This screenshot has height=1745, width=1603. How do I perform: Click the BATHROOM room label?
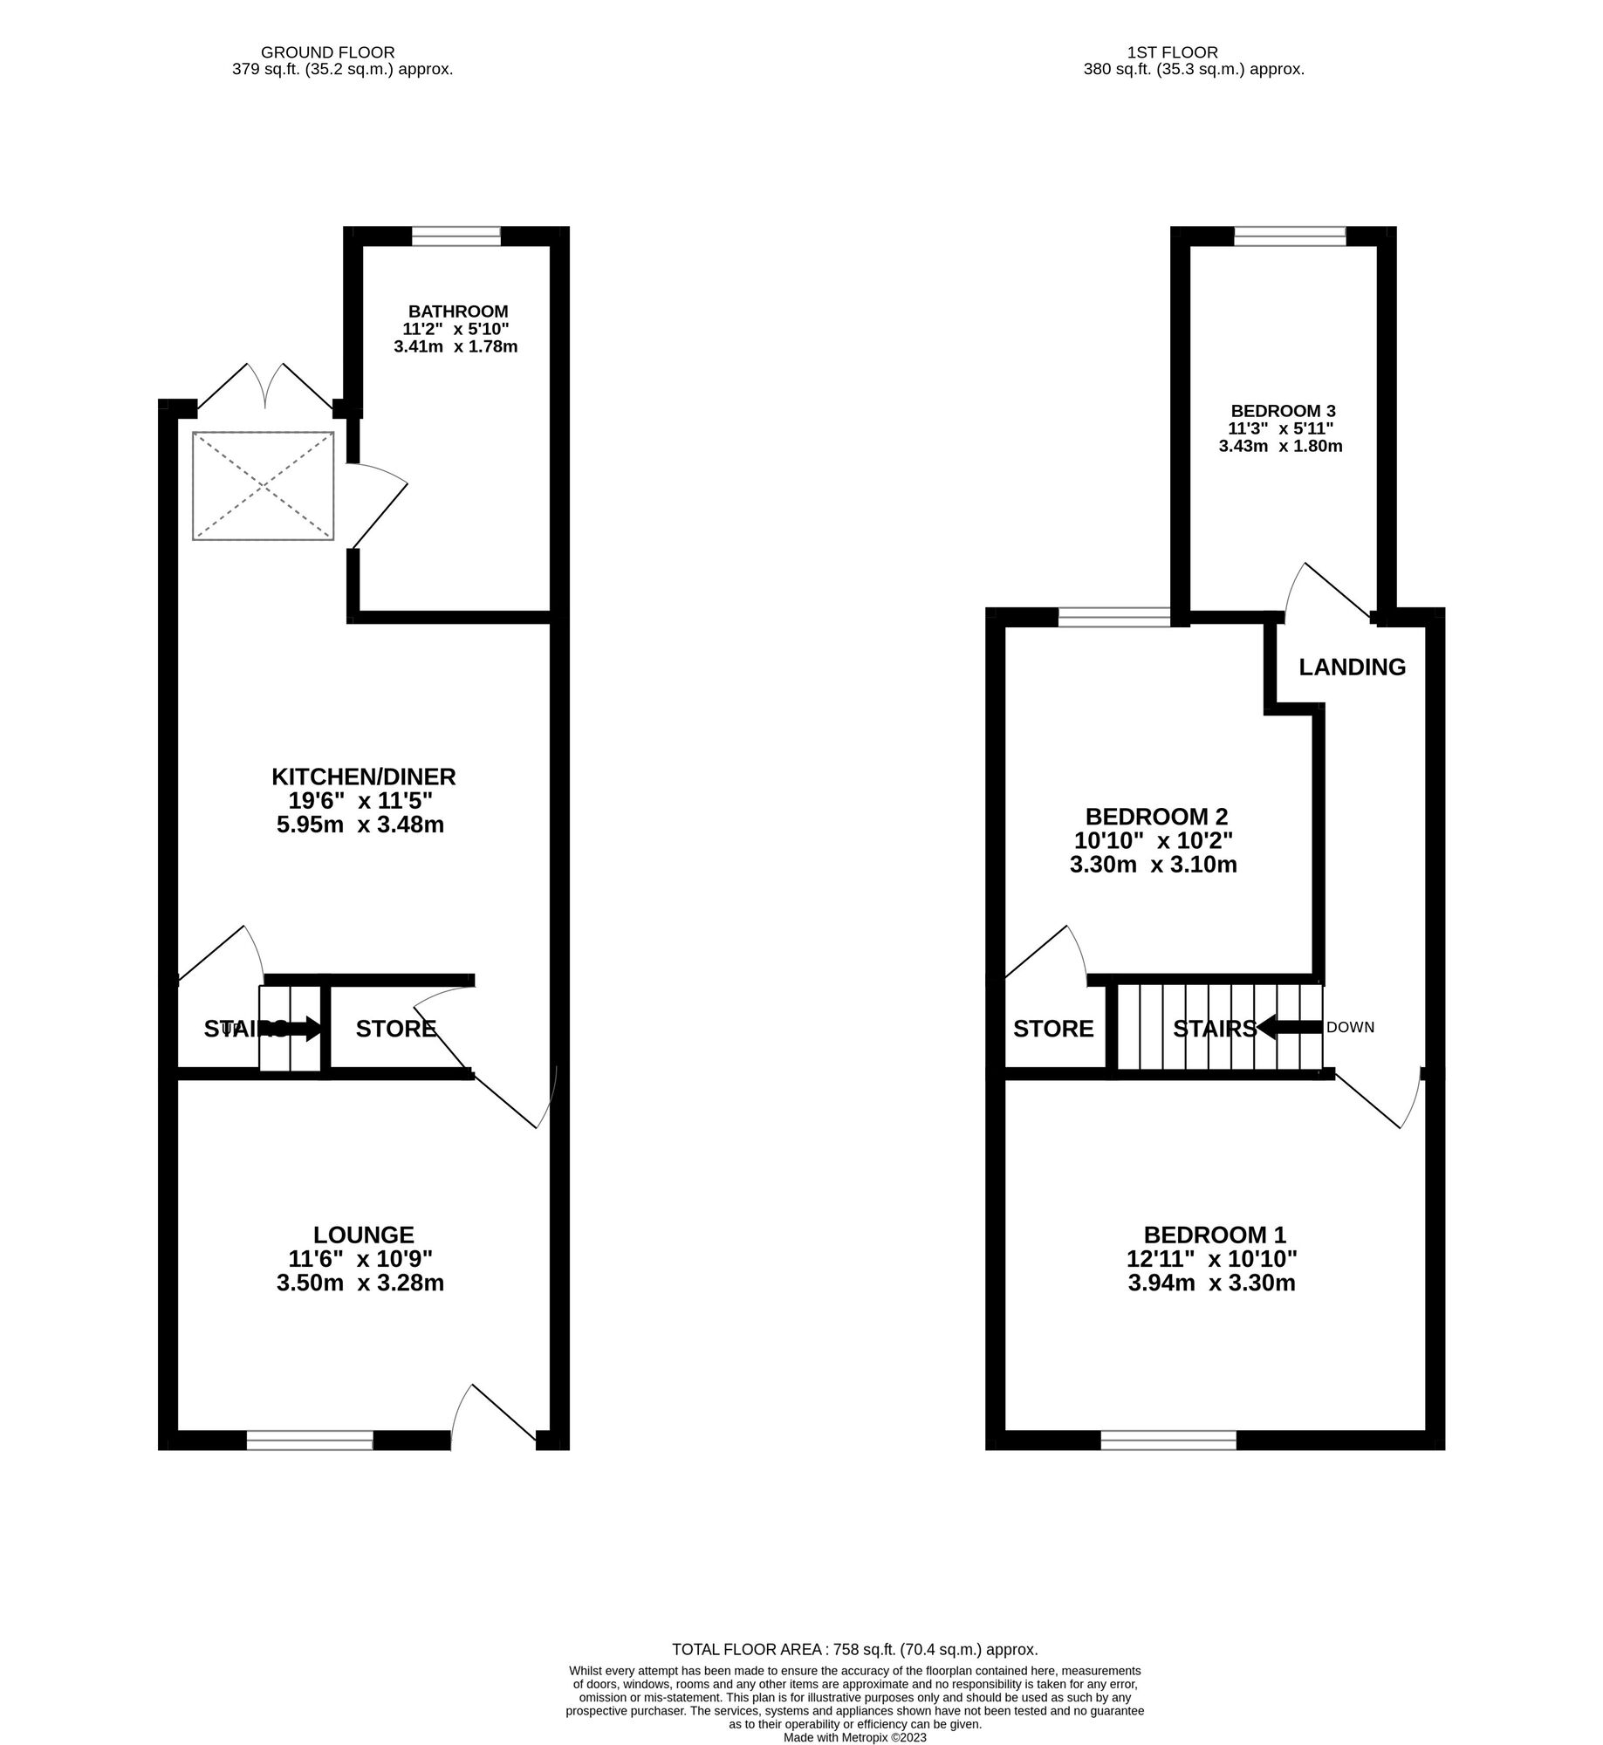[458, 311]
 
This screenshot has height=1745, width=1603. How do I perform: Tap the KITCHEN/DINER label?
[364, 777]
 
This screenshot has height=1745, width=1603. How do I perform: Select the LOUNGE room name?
[363, 1235]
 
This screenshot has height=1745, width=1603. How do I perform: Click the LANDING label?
[1352, 667]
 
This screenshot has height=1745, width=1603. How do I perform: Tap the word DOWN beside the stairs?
[1350, 1028]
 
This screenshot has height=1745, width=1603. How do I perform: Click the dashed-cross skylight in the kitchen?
[263, 485]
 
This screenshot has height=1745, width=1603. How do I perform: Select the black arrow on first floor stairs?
[1289, 1029]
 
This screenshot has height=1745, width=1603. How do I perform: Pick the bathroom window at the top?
[456, 236]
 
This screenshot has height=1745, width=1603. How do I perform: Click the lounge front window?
[310, 1440]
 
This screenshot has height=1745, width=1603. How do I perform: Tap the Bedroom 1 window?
[1168, 1440]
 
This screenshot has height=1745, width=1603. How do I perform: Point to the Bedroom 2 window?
[1114, 618]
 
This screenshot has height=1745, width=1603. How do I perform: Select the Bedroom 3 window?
[1290, 236]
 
